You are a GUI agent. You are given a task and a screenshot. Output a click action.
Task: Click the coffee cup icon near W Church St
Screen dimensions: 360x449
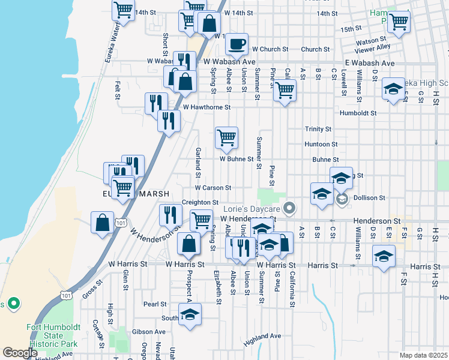click(x=237, y=43)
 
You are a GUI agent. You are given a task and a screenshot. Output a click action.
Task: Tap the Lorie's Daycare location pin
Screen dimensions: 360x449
click(x=290, y=208)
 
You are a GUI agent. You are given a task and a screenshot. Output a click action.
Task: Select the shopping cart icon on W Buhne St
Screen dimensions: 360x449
click(x=226, y=137)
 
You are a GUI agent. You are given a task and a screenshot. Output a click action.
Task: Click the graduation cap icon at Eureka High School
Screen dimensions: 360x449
click(x=393, y=90)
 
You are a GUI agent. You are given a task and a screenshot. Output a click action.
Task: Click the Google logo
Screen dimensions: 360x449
click(x=20, y=353)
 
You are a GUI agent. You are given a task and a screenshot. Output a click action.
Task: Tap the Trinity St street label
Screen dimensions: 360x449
click(x=318, y=129)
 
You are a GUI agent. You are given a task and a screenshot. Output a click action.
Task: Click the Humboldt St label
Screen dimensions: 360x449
click(x=357, y=113)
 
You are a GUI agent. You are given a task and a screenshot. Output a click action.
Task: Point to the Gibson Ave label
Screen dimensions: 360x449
click(x=149, y=331)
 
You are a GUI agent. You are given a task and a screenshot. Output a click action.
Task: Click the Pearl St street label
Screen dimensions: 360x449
click(x=154, y=304)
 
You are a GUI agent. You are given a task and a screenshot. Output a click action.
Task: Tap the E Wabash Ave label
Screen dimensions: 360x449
click(x=370, y=63)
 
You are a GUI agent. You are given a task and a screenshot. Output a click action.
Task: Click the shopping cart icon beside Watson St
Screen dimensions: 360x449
click(x=399, y=22)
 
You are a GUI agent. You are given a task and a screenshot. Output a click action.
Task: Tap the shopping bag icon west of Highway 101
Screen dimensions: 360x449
click(x=103, y=222)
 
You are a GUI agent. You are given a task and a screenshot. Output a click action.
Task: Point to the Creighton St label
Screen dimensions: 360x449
click(x=200, y=203)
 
